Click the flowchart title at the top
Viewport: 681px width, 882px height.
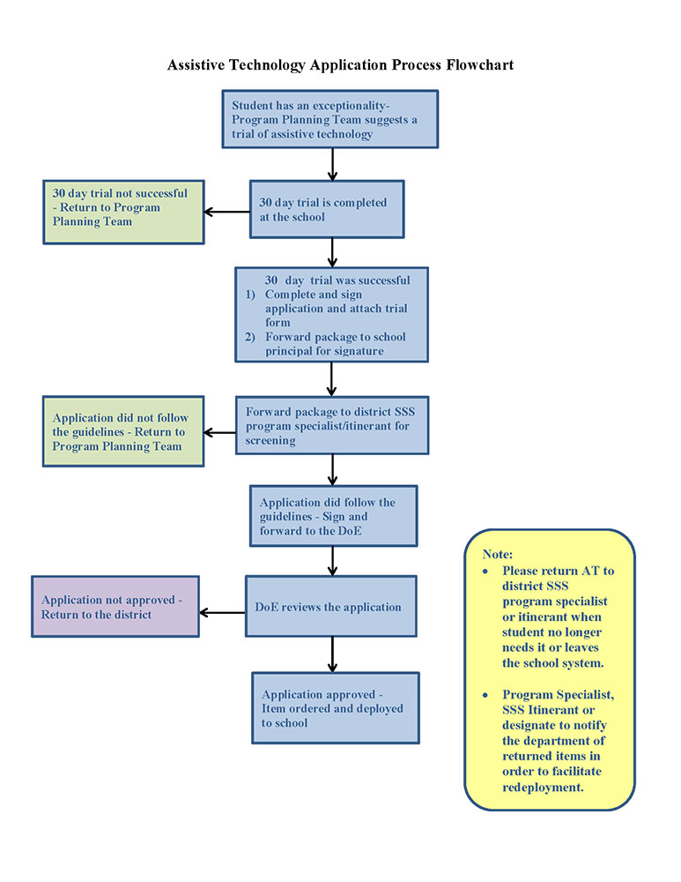(340, 65)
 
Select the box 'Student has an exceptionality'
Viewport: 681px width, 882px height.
(329, 119)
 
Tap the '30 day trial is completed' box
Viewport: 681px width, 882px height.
(327, 210)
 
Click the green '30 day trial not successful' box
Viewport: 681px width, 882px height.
(122, 212)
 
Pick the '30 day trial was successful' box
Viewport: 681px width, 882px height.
(331, 315)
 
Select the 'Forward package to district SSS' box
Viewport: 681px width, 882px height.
(331, 425)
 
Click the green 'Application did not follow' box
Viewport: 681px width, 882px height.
(122, 431)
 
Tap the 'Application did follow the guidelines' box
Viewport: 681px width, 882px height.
(332, 516)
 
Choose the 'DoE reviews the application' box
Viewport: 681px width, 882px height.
(330, 607)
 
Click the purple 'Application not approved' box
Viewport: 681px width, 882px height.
(115, 607)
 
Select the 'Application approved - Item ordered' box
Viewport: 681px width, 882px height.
(335, 708)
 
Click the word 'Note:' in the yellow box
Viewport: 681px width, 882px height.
(497, 554)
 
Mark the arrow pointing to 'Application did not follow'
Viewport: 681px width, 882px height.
(219, 432)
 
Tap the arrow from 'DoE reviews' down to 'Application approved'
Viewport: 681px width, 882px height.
(332, 654)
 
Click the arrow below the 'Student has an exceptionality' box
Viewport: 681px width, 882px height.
(332, 164)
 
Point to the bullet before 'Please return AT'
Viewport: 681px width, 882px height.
(485, 571)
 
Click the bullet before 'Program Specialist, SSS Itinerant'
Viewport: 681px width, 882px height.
(485, 696)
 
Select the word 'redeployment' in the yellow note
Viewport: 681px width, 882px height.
(543, 787)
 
